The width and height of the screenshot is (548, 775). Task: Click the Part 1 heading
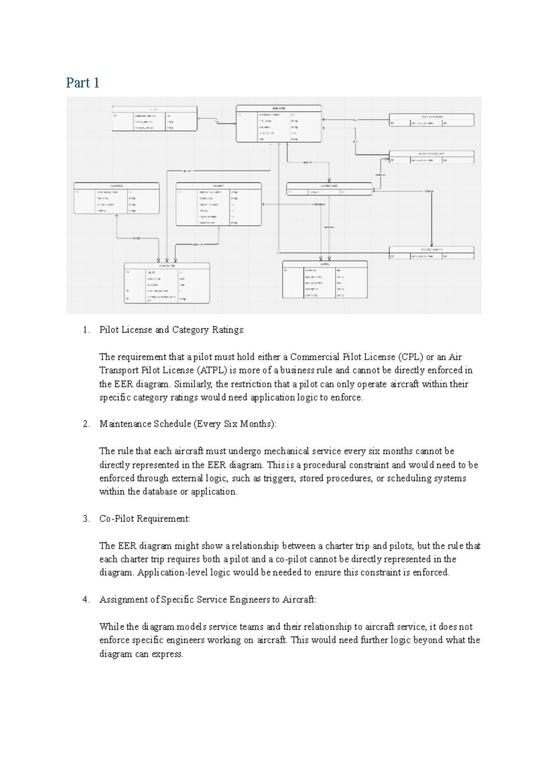(x=83, y=83)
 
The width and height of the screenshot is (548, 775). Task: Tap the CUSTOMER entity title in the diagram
(x=116, y=186)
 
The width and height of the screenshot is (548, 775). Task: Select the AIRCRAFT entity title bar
(x=218, y=186)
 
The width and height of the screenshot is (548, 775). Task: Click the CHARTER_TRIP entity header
(x=167, y=265)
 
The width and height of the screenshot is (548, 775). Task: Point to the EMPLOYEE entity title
(x=279, y=108)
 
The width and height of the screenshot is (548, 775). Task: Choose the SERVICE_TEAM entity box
(x=329, y=189)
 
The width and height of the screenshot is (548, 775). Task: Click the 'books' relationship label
(x=137, y=238)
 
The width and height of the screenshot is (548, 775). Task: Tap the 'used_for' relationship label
(x=198, y=244)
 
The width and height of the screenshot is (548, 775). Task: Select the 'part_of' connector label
(x=307, y=162)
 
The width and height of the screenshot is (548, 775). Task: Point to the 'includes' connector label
(x=380, y=175)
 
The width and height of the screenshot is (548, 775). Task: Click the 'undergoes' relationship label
(x=318, y=204)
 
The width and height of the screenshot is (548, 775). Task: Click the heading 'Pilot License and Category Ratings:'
(x=172, y=330)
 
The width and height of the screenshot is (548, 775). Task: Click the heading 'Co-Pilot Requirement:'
(x=144, y=519)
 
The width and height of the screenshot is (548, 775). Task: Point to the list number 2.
(x=86, y=424)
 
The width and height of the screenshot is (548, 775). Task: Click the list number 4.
(x=86, y=600)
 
